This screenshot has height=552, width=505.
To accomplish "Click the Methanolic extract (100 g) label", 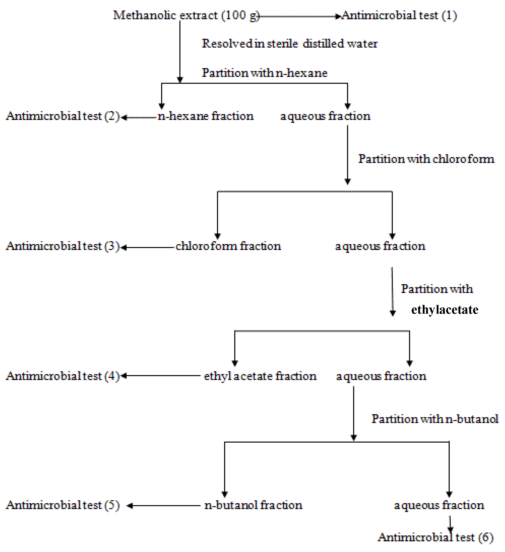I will point(186,15).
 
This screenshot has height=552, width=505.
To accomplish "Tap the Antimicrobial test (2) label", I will point(63,116).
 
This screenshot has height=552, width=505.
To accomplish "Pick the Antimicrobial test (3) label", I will point(63,246).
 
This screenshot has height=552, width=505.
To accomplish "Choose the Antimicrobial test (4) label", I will point(63,376).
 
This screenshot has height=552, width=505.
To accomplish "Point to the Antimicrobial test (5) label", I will point(63,505).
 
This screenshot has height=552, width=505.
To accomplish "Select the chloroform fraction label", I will point(228,246).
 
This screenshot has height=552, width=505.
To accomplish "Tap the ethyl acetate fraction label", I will point(260,376).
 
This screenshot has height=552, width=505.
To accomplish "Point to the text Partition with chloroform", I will point(426,159).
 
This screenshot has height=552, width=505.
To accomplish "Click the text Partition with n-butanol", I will point(435,419).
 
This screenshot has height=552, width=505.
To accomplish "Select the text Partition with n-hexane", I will point(264,73).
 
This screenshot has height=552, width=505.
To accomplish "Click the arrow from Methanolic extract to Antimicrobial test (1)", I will point(299,17).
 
